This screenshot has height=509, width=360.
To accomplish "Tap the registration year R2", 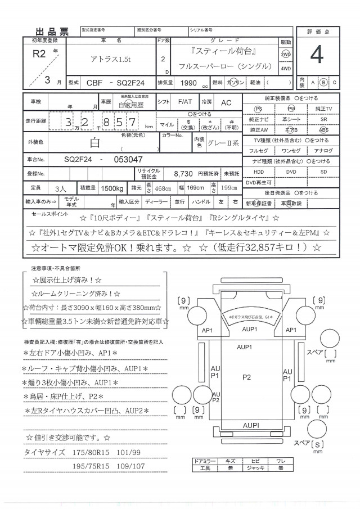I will click(x=39, y=55).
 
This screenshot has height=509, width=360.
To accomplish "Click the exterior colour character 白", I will click(x=94, y=143).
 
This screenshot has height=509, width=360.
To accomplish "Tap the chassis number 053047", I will click(x=128, y=160).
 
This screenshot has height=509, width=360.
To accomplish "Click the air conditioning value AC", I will click(x=226, y=102).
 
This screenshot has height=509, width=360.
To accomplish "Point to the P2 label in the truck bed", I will click(x=246, y=378).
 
